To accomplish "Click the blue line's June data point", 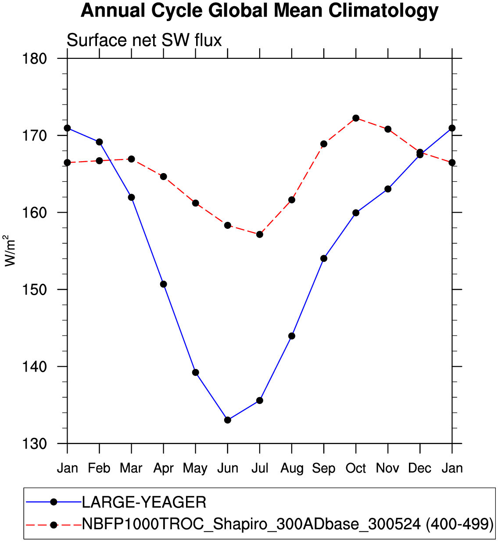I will pos(227,420).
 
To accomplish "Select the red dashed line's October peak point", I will pos(356,118).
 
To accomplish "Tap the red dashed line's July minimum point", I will pos(260,235).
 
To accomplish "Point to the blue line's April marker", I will pos(163,284).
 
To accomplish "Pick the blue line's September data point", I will pos(324,258).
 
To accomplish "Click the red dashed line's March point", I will pos(131,159).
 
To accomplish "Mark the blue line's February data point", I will pos(99,142).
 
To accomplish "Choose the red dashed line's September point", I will pos(324,144).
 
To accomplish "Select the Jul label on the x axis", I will pos(260,468).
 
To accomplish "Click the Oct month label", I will pos(356,468).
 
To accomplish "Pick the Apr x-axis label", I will pos(163,469).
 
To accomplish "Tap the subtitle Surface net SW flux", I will pos(144,40).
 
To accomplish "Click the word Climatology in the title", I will pos(383,11).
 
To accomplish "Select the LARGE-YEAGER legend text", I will pos(144,502).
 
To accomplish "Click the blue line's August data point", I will pos(292,336).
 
